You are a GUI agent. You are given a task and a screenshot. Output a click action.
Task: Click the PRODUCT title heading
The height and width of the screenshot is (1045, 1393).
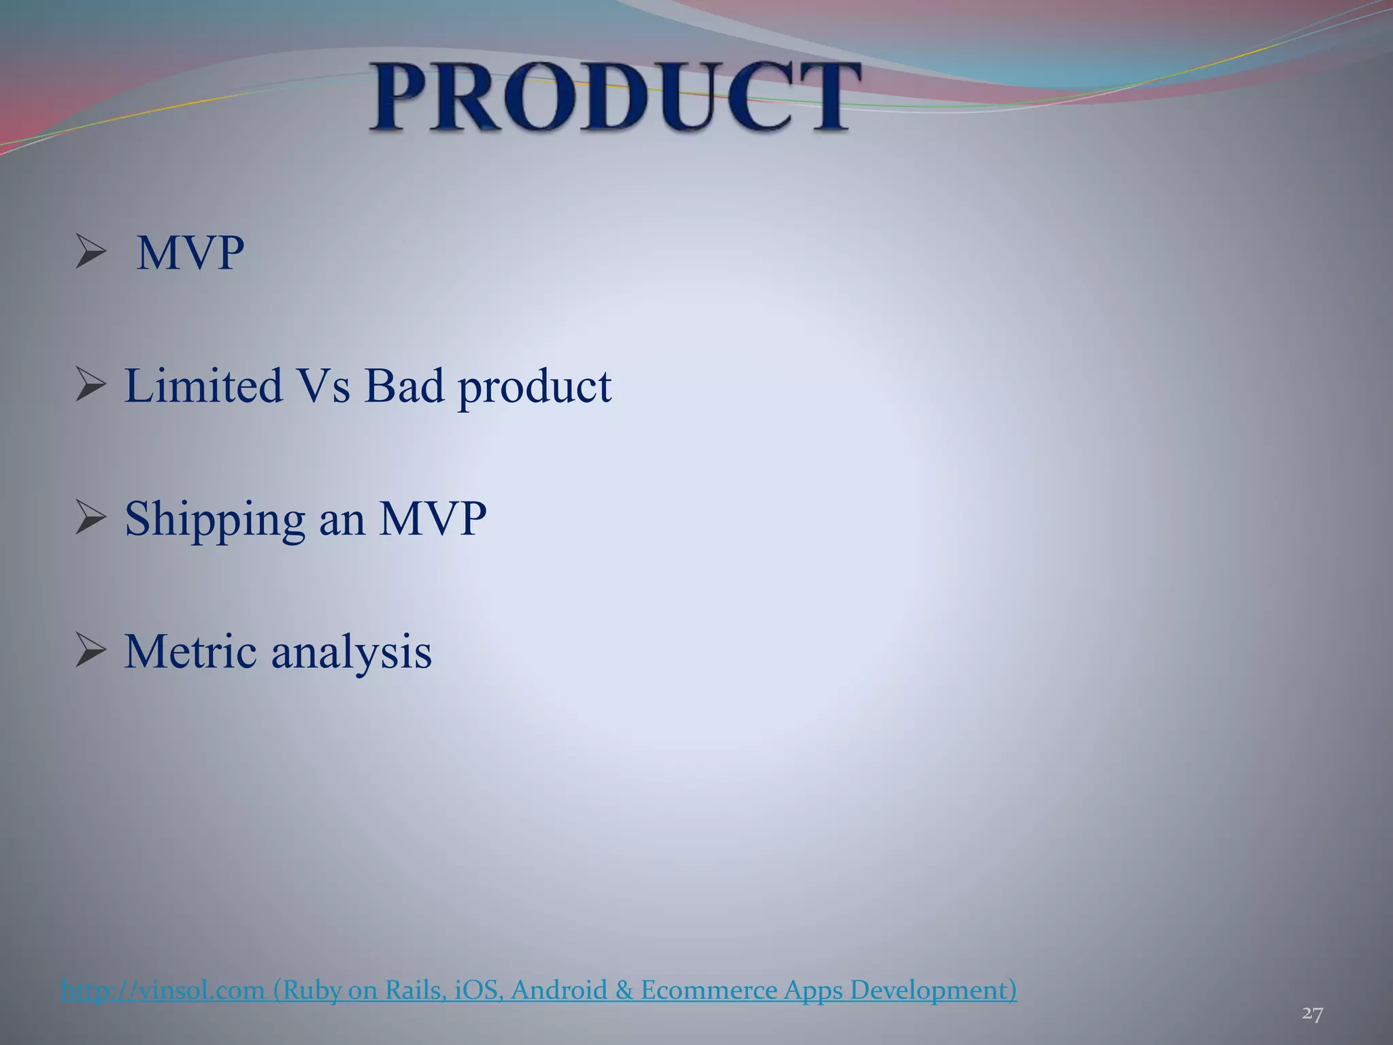616,97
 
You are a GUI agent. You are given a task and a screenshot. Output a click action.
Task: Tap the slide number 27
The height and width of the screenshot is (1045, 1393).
1312,1014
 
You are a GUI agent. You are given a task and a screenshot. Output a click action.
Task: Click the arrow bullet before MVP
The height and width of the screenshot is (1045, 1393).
90,251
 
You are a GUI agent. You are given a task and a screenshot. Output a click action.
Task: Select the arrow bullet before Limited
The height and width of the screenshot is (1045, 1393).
90,384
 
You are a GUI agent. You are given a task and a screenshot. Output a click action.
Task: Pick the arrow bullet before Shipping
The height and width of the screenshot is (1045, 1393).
90,518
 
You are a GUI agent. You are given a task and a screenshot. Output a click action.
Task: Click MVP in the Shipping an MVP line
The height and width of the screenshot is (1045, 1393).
433,518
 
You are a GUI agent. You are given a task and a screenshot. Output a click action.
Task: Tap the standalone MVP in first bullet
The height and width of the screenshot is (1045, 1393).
190,253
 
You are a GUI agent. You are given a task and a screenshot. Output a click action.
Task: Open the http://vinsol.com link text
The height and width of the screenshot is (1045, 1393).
163,990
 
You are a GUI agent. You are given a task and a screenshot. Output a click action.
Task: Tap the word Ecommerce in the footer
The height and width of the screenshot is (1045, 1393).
708,990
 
